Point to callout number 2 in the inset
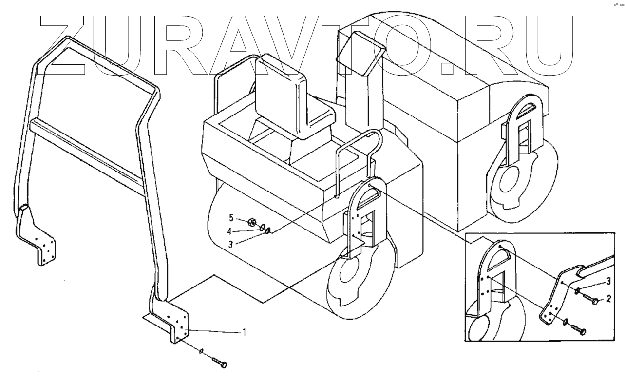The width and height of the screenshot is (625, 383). point(608,298)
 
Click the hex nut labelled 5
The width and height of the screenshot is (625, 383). point(252,223)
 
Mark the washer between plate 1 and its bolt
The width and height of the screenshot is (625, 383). point(201,351)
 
